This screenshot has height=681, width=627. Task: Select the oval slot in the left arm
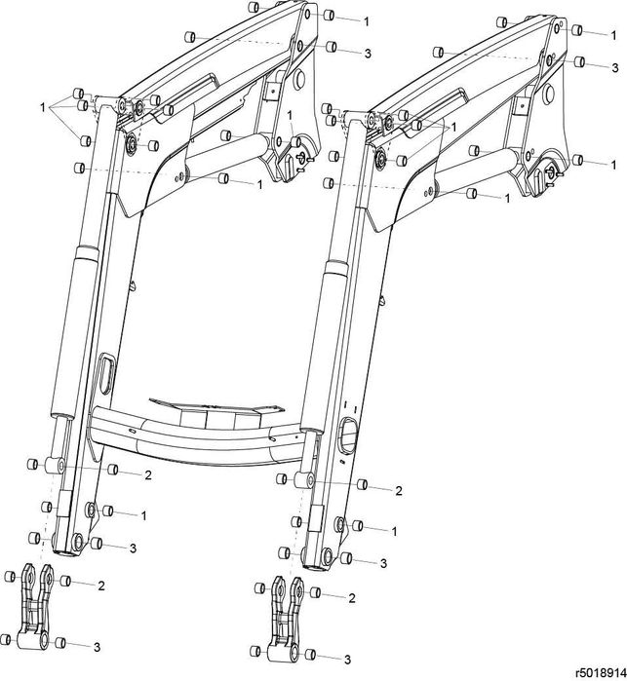[x=106, y=373]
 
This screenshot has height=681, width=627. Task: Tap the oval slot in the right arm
[x=349, y=435]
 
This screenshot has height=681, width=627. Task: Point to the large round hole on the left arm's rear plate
[x=299, y=77]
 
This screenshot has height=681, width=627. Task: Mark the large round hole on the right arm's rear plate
[x=549, y=93]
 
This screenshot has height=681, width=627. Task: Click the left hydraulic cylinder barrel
[x=74, y=334]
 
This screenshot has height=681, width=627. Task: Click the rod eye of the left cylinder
[x=56, y=466]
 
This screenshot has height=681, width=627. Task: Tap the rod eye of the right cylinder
[x=305, y=480]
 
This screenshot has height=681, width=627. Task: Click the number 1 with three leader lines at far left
[x=43, y=107]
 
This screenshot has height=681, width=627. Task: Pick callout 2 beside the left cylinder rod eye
[x=148, y=475]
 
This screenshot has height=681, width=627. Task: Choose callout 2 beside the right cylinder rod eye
[x=398, y=491]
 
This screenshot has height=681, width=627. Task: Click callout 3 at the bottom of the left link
[x=97, y=647]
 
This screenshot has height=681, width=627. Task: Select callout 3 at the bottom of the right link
[x=347, y=660]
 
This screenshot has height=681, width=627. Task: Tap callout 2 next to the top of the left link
[x=100, y=586]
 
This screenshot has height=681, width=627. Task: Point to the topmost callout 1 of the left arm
[x=366, y=21]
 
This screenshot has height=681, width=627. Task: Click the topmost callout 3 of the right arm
[x=615, y=68]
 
